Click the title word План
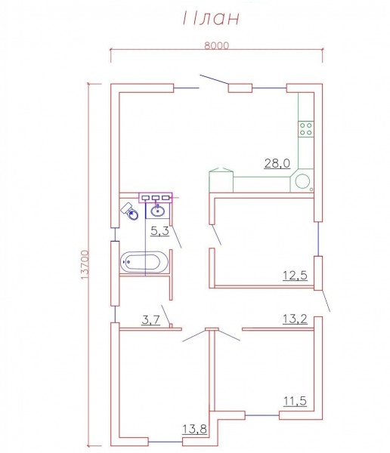[x=211, y=18]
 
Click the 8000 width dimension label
[x=216, y=45]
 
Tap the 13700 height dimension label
[x=85, y=265]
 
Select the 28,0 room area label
[x=277, y=164]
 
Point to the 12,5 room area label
[x=295, y=276]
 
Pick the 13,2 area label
[x=295, y=319]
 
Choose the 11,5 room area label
[x=295, y=401]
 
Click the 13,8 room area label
[x=195, y=429]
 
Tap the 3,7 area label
[x=150, y=320]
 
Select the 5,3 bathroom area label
[x=160, y=231]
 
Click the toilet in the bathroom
[x=129, y=211]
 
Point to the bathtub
[x=144, y=262]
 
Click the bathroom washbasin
[x=157, y=211]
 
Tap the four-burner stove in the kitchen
[x=306, y=129]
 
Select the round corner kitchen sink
[x=302, y=181]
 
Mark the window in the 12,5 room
[x=318, y=239]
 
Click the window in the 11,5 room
[x=262, y=415]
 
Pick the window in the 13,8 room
[x=166, y=442]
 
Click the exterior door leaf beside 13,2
[x=326, y=300]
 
